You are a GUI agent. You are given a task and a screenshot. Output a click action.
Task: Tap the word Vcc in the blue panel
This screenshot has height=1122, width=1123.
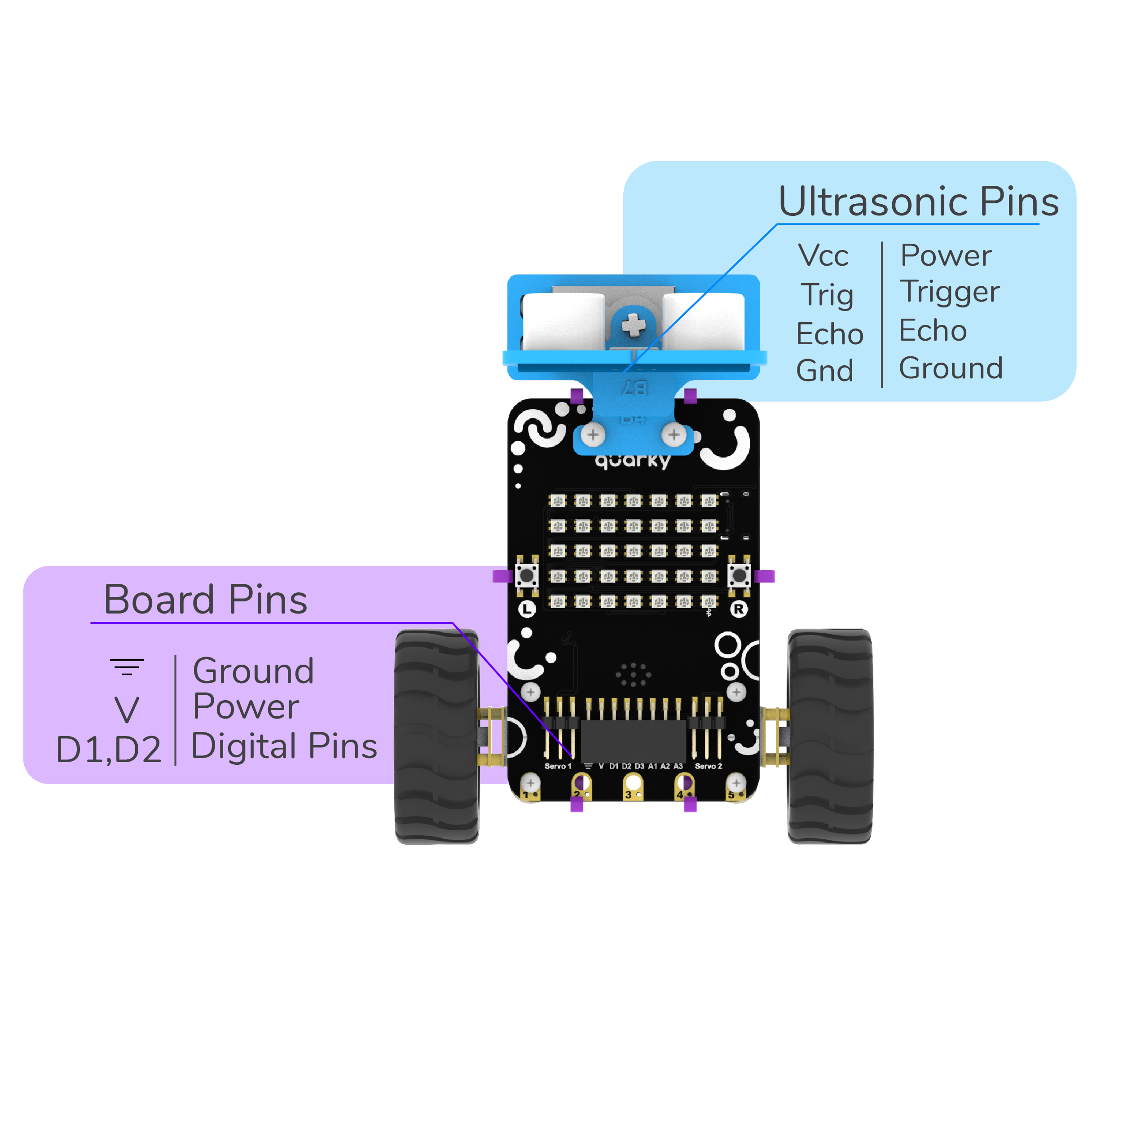coord(823,256)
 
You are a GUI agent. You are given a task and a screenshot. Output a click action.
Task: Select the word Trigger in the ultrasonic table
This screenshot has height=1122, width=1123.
coord(950,292)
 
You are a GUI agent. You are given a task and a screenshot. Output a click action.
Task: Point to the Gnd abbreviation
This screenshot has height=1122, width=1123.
coord(824,371)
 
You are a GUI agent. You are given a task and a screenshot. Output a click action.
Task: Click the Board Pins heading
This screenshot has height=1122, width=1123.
coord(205,600)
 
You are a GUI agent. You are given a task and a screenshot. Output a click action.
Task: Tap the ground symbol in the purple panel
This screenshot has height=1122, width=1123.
coord(127,667)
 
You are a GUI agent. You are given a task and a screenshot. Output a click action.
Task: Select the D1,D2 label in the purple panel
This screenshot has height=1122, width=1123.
coord(108,749)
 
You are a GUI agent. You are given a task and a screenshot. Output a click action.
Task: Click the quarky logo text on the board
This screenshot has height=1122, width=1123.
coord(632,461)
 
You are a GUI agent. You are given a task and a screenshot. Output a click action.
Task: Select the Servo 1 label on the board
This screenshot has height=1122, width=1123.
coord(557,766)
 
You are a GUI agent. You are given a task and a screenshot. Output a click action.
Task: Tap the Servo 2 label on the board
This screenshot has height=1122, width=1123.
coord(708,766)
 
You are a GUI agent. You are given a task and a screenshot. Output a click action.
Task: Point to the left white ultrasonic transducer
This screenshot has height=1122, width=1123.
coord(563,323)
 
